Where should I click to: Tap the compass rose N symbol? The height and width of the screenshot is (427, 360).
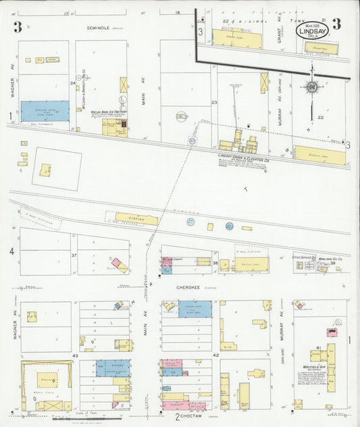(x=311, y=86)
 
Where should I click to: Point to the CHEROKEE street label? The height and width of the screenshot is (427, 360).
(x=186, y=286)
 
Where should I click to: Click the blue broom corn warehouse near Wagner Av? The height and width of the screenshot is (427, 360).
(x=45, y=111)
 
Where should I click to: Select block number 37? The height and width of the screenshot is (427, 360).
(x=74, y=255)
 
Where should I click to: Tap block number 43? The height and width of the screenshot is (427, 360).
(x=76, y=355)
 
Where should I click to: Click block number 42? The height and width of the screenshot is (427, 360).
(x=216, y=354)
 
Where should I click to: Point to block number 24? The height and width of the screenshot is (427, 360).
(x=72, y=83)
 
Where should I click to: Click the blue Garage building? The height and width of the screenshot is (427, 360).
(x=113, y=368)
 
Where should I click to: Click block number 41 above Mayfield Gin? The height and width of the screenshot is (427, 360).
(x=317, y=347)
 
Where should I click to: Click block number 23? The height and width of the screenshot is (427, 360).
(x=214, y=102)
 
